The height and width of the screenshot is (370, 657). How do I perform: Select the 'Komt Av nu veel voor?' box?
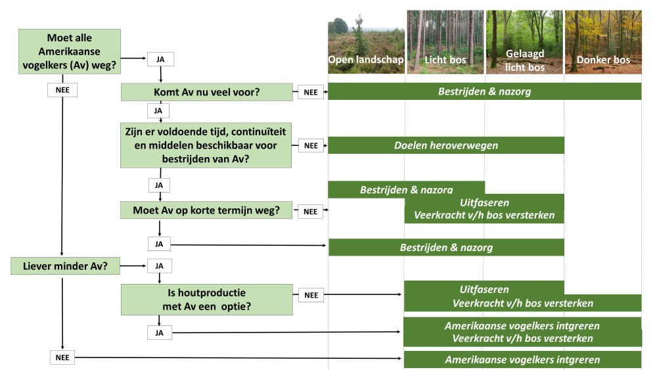pyautogui.click(x=206, y=92)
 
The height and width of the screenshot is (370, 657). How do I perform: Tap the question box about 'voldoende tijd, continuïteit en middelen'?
pyautogui.click(x=206, y=145)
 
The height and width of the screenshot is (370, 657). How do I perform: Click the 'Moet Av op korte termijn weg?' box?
pyautogui.click(x=206, y=211)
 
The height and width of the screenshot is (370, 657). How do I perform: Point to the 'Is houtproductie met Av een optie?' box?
pyautogui.click(x=206, y=300)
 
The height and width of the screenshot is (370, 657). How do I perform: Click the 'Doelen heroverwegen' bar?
pyautogui.click(x=446, y=145)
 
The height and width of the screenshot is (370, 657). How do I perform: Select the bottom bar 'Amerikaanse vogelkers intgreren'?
pyautogui.click(x=522, y=360)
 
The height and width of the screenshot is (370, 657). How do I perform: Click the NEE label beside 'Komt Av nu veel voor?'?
pyautogui.click(x=311, y=92)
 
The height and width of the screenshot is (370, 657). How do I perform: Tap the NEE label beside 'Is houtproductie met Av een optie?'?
pyautogui.click(x=311, y=295)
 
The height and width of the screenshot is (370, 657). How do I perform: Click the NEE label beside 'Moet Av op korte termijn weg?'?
pyautogui.click(x=311, y=212)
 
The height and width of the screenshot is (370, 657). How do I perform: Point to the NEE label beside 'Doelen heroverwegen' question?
pyautogui.click(x=311, y=145)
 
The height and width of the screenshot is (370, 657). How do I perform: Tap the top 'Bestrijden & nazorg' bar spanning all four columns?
pyautogui.click(x=484, y=92)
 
